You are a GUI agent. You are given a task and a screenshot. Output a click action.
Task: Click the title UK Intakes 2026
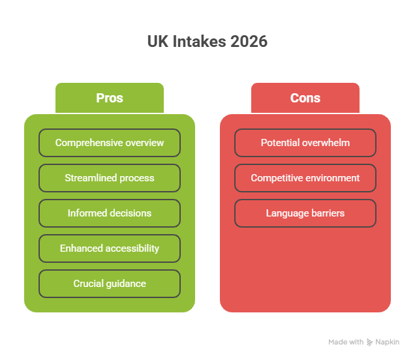click(207, 42)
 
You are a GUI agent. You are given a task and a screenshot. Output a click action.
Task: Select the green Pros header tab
click(110, 98)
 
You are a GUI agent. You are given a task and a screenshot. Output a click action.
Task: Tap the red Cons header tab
click(305, 98)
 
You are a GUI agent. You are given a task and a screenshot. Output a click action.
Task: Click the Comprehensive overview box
click(110, 143)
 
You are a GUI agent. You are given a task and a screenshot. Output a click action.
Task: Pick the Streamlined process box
click(110, 178)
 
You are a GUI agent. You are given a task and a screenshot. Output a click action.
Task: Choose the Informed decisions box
click(110, 213)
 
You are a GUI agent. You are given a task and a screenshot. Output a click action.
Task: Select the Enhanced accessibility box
click(110, 248)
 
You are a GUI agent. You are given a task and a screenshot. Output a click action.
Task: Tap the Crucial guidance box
click(110, 284)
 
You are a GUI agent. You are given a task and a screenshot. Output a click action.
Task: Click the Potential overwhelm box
click(305, 143)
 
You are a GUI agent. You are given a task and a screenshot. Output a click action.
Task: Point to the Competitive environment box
click(305, 178)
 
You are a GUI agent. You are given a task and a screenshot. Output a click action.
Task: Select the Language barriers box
click(305, 213)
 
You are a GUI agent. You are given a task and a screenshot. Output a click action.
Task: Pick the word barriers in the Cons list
click(327, 213)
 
